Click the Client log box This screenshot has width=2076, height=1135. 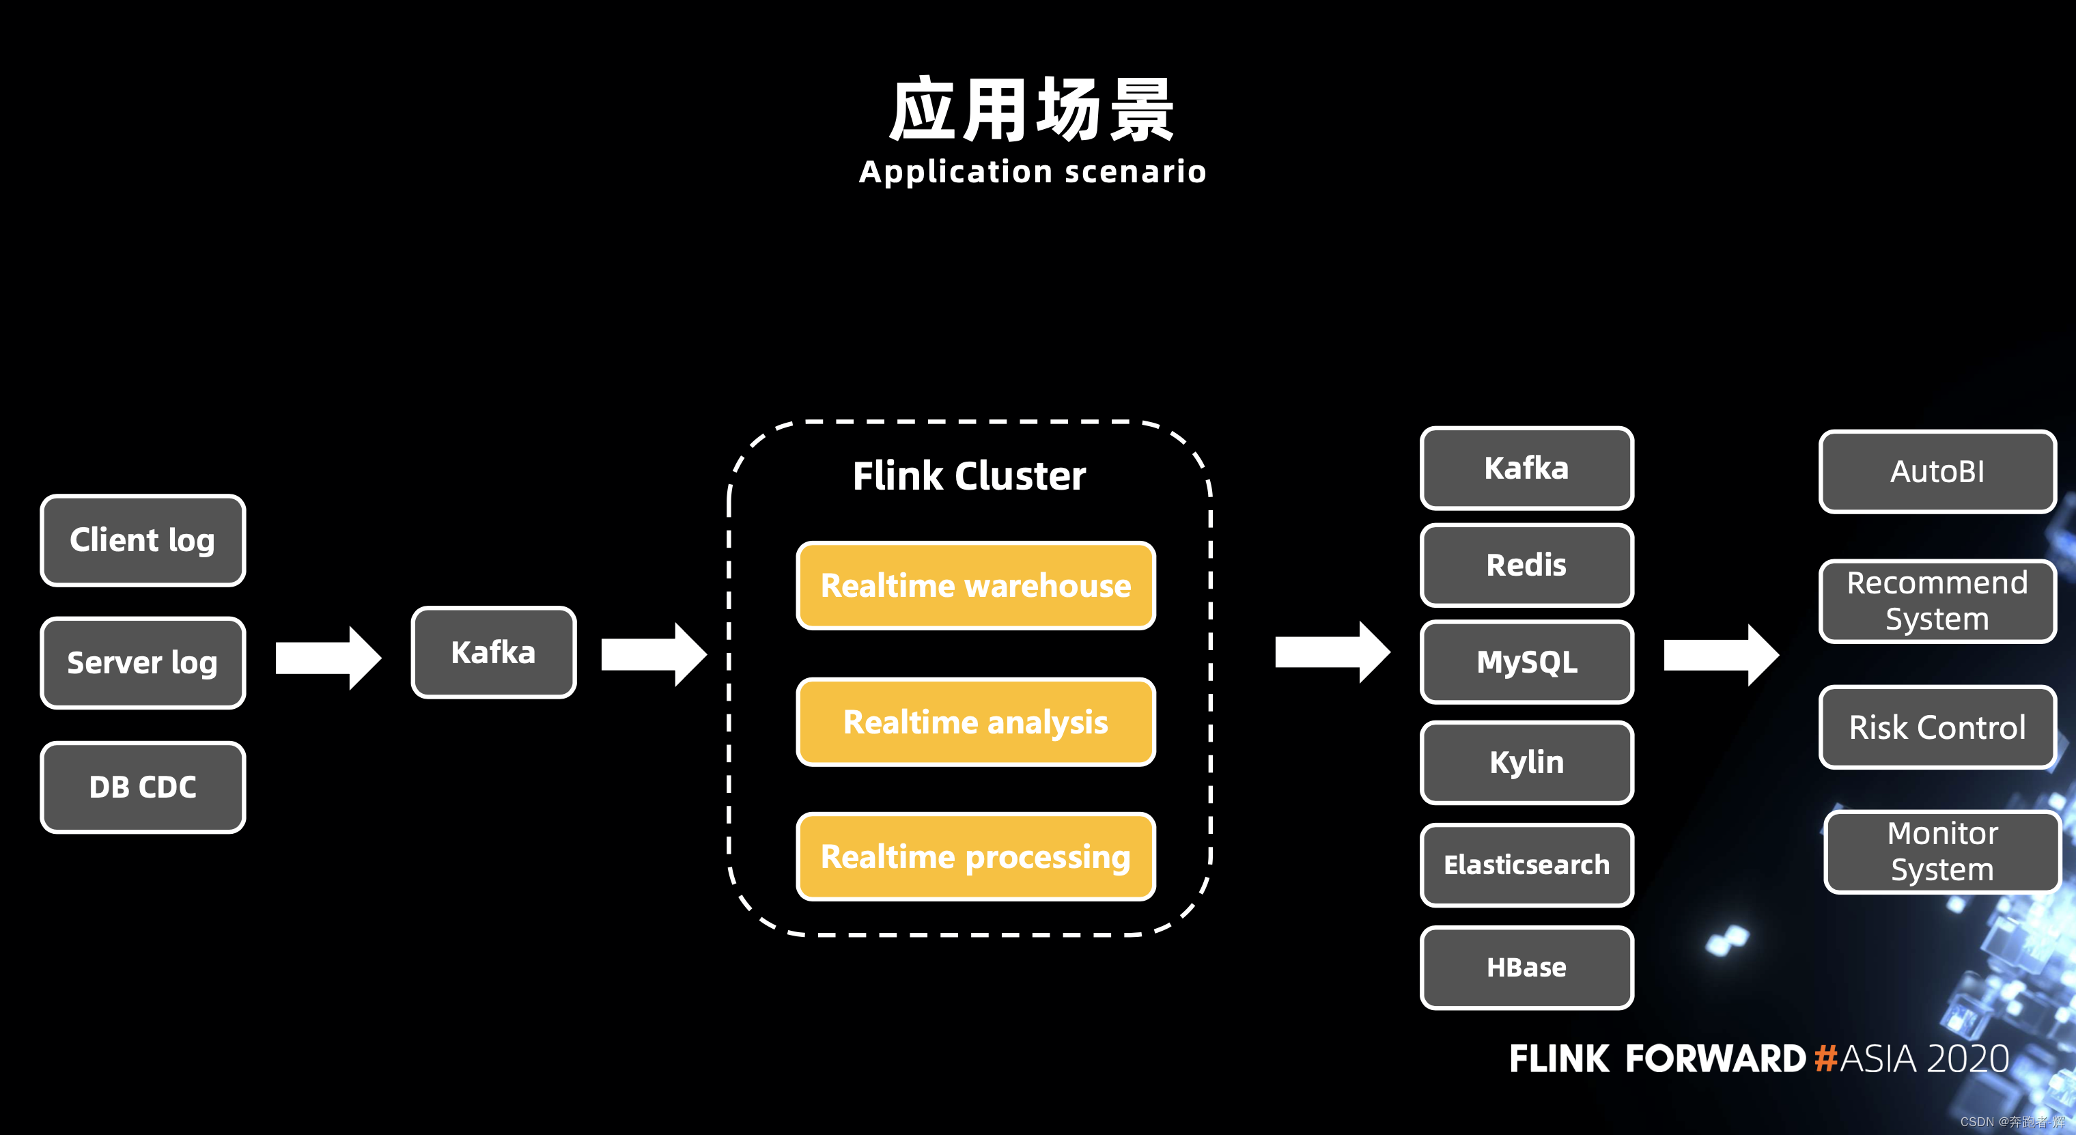tap(143, 540)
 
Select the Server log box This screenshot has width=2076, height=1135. tap(143, 662)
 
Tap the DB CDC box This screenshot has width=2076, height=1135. tap(143, 787)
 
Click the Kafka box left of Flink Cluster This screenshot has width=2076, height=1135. tap(493, 652)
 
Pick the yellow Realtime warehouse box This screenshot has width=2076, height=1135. tap(975, 585)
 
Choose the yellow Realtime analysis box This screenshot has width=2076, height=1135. tap(975, 721)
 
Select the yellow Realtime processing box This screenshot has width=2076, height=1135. tap(975, 856)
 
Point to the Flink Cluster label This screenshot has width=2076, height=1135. tap(969, 475)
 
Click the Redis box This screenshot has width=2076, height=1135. tap(1526, 564)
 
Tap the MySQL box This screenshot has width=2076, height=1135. tap(1526, 662)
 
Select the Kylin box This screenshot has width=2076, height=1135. tap(1526, 761)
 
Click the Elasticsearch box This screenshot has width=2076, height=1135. tap(1526, 864)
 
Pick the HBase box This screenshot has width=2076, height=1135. tap(1526, 967)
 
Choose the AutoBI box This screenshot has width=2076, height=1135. tap(1937, 472)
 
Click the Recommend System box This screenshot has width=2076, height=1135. tap(1937, 600)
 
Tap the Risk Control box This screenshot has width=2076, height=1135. tap(1937, 727)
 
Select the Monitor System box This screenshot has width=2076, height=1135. tap(1942, 851)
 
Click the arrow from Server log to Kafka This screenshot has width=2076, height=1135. tap(326, 658)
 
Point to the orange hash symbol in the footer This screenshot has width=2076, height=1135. tap(1825, 1059)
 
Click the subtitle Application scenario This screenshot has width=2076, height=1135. tap(1033, 171)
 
